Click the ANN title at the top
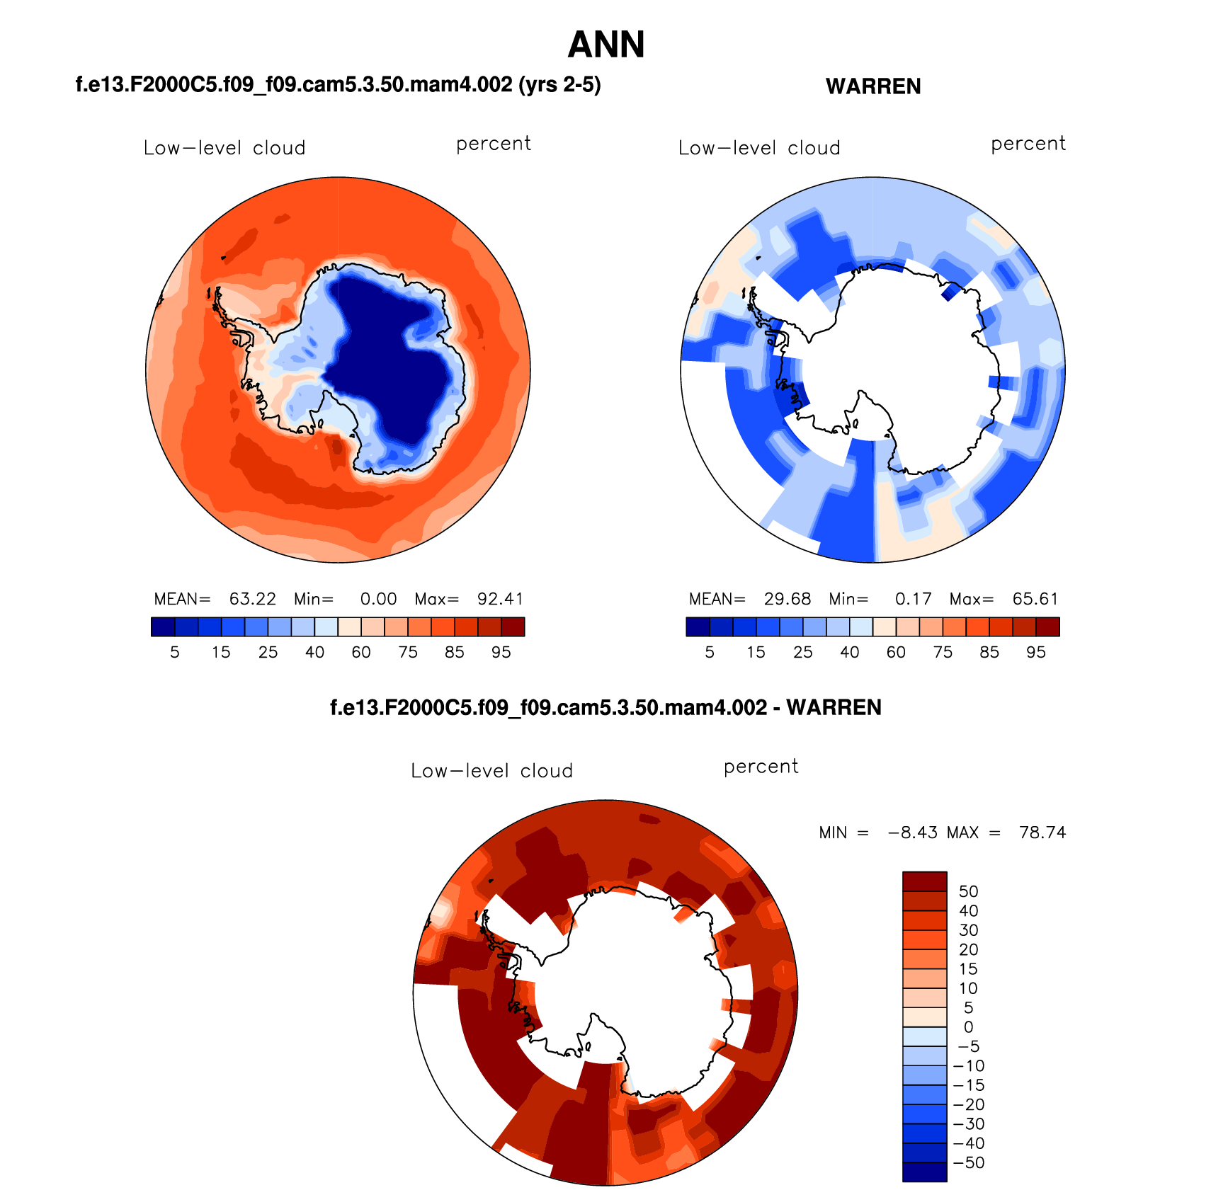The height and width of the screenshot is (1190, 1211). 606,45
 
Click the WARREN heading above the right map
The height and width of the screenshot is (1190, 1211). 873,86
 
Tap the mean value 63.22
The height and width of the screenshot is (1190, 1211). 252,599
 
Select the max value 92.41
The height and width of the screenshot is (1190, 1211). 500,599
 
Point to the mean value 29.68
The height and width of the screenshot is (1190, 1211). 787,599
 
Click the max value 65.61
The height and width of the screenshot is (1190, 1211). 1035,599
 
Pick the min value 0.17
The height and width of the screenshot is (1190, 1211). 913,599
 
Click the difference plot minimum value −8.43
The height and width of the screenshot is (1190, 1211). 914,833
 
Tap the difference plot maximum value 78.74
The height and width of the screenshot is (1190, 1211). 1042,833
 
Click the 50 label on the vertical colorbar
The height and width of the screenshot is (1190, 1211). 968,891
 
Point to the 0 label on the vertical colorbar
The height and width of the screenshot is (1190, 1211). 968,1027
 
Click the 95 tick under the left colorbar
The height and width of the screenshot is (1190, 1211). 501,653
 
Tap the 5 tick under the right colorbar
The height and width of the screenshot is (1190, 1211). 710,653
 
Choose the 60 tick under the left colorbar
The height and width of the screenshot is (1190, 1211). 361,653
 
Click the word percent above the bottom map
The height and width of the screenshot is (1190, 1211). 761,767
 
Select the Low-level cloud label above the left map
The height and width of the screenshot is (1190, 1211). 224,148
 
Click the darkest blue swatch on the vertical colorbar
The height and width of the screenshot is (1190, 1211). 924,1172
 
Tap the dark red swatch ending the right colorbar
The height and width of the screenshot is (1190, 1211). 1047,627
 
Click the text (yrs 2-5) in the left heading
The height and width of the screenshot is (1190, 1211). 559,85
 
